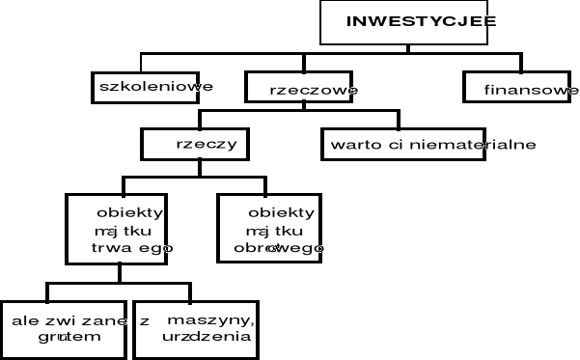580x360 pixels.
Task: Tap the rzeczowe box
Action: coord(301,90)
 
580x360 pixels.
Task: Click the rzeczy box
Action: coord(199,144)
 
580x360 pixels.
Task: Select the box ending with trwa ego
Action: coord(119,229)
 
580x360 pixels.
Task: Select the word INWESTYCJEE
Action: coord(421,20)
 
